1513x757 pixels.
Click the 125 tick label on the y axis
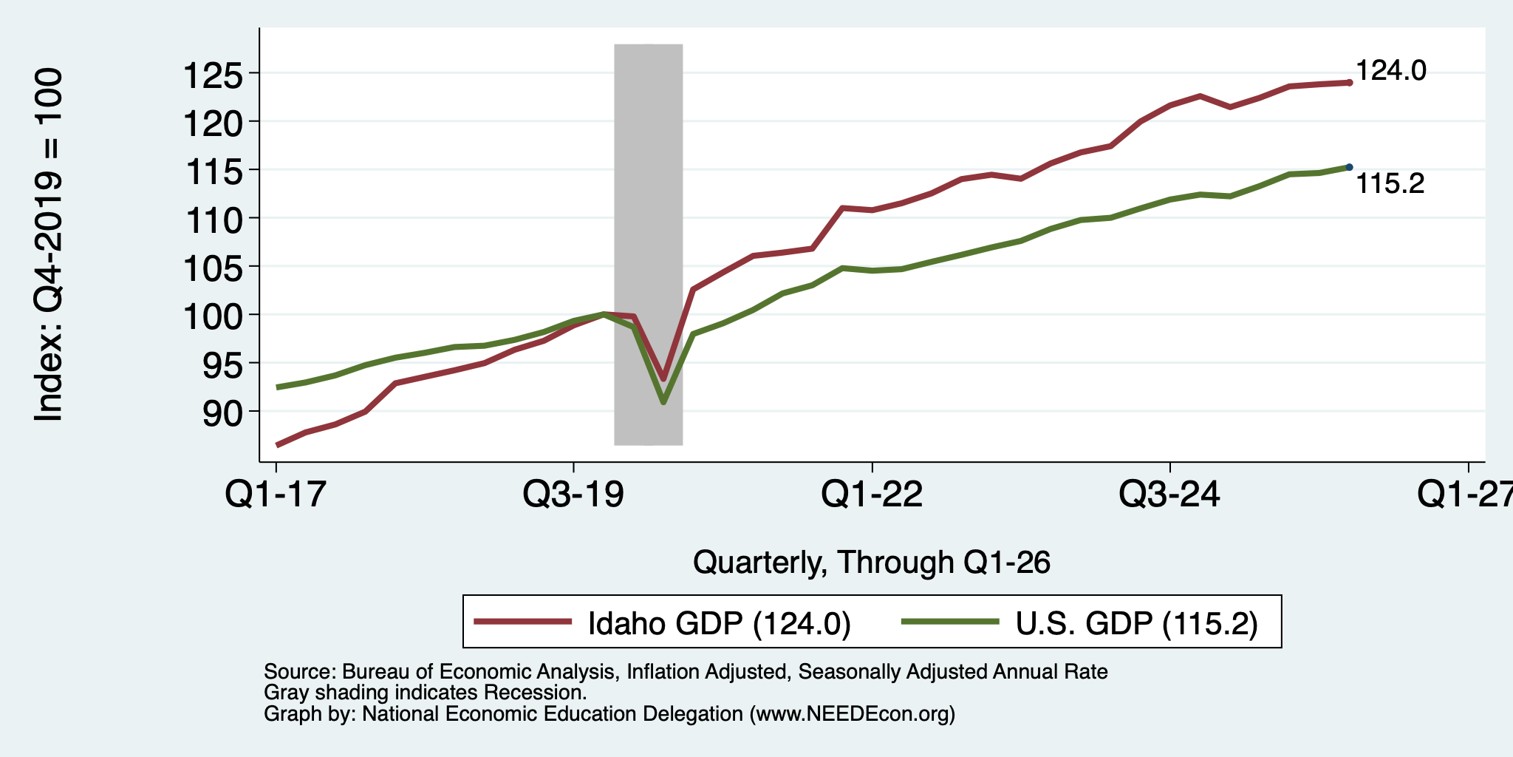click(213, 75)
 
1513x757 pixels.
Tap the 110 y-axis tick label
click(213, 220)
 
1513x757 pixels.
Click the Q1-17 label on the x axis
click(276, 494)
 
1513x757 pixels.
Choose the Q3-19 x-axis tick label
click(574, 494)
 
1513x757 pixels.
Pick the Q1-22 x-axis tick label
click(872, 494)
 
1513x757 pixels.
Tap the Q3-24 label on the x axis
click(1170, 494)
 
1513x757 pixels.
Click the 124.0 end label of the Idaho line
click(1391, 71)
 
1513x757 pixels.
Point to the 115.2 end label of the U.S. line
click(1390, 183)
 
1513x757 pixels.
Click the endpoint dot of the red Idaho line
click(1350, 83)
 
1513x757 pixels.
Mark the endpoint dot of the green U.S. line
click(1350, 167)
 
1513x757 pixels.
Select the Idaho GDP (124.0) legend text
click(720, 623)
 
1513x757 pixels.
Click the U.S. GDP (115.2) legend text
click(1137, 623)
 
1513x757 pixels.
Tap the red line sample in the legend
click(523, 622)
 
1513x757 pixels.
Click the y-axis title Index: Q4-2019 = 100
click(49, 245)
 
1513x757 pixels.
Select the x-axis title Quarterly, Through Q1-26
click(872, 563)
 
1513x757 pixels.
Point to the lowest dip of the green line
click(663, 402)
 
